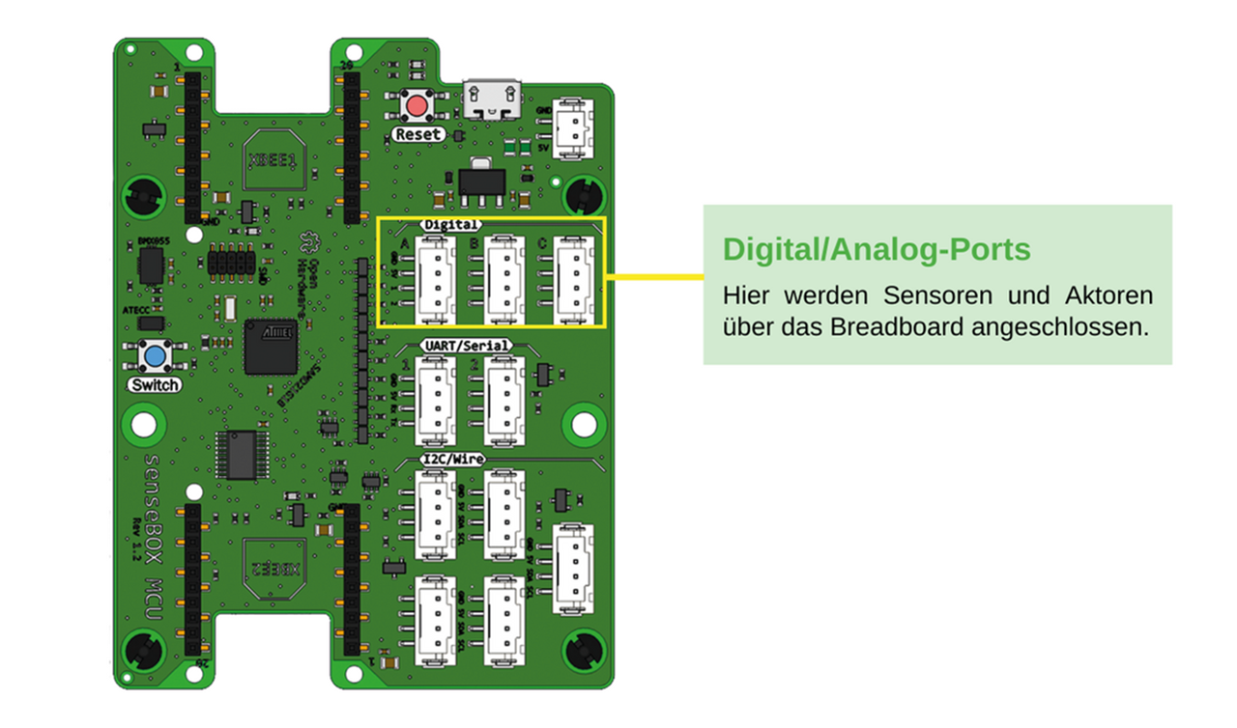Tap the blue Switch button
(155, 357)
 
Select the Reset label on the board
(417, 134)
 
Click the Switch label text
(155, 385)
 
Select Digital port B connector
(504, 280)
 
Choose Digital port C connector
(574, 280)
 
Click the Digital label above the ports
(450, 224)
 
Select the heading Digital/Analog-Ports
(877, 250)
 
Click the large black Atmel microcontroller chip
(271, 347)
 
